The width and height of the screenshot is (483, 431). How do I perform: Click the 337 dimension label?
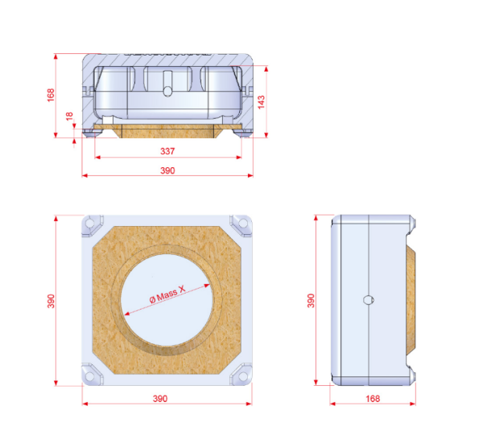point(167,151)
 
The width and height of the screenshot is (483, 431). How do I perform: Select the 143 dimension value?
point(261,102)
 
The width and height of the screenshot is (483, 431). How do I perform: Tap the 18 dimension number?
point(69,116)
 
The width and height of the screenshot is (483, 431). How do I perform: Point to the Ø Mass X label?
point(167,294)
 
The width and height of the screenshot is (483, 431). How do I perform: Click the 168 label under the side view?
point(373,399)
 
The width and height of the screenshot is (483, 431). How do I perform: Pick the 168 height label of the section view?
point(51,95)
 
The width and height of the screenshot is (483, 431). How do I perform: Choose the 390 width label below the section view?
point(167,170)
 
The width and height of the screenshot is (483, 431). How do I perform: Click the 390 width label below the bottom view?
point(160,399)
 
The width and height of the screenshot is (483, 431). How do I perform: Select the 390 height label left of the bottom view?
point(51,301)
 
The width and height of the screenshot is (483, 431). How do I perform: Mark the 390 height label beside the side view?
point(311,301)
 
